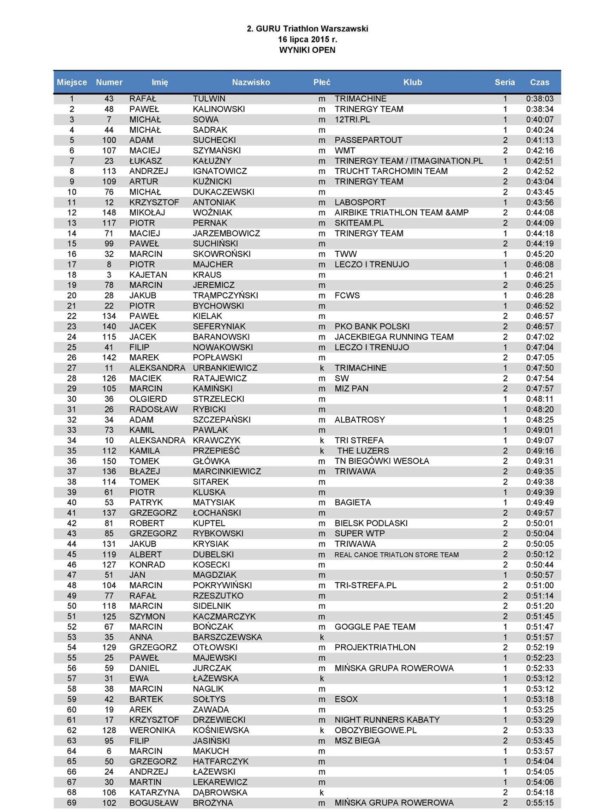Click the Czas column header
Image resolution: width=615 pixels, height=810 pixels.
click(539, 82)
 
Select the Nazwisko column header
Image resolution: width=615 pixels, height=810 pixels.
click(251, 82)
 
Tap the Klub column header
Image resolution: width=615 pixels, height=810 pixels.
click(412, 82)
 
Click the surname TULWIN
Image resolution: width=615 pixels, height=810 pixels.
click(209, 99)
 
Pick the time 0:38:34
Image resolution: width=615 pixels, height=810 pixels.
click(539, 109)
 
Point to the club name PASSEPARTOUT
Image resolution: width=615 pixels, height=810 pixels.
click(368, 140)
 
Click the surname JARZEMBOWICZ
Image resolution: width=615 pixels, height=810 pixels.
click(226, 233)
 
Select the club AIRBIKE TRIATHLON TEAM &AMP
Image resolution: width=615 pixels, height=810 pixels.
click(401, 213)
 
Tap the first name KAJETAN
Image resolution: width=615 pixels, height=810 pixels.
click(148, 275)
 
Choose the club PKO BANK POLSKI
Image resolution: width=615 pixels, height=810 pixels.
click(372, 327)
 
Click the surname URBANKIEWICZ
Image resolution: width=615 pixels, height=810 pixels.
click(225, 368)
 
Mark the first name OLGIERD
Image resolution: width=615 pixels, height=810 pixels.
click(148, 399)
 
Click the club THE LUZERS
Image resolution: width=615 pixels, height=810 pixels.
click(363, 451)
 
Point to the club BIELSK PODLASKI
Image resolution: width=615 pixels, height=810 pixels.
click(371, 523)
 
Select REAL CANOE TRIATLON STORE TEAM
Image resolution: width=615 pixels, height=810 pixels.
click(396, 555)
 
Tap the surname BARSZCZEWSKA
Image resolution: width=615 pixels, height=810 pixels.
click(227, 637)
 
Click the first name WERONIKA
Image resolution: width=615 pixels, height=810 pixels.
click(152, 730)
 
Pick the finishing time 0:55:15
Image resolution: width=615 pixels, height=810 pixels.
click(539, 803)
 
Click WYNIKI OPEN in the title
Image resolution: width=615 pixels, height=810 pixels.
click(307, 50)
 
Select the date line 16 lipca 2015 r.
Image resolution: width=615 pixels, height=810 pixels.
click(307, 40)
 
